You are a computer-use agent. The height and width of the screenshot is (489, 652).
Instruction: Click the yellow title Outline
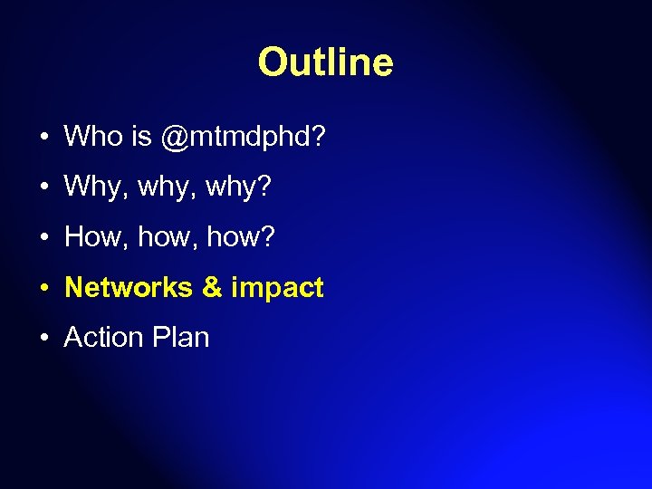(x=325, y=62)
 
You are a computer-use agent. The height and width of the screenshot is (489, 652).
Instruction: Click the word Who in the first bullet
(x=93, y=137)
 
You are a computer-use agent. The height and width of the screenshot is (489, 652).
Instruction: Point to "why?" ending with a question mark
(x=239, y=188)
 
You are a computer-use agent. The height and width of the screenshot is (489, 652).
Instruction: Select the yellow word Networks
(x=129, y=288)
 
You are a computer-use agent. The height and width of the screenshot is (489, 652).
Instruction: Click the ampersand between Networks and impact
(x=212, y=288)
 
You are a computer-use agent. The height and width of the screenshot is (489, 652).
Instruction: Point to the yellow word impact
(x=277, y=288)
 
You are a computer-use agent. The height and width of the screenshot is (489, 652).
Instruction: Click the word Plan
(x=180, y=338)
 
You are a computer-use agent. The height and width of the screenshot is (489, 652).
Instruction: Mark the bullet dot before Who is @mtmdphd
(x=44, y=139)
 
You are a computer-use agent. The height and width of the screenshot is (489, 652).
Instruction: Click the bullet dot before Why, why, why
(x=44, y=189)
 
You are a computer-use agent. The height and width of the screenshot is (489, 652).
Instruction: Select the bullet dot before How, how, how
(x=44, y=239)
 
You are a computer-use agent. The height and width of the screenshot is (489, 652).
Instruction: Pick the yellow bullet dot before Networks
(x=44, y=289)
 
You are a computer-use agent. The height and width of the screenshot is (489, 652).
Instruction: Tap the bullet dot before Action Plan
(x=44, y=339)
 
